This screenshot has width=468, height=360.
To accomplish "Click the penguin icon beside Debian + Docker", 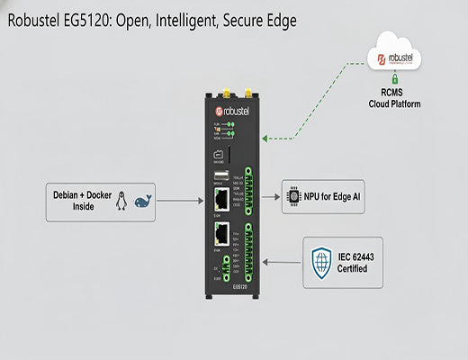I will pos(121,202).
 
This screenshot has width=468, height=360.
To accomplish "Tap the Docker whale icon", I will pos(140,202).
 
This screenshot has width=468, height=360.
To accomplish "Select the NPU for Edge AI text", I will pos(333,196).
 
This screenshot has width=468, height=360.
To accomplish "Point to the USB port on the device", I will pos(219,176).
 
